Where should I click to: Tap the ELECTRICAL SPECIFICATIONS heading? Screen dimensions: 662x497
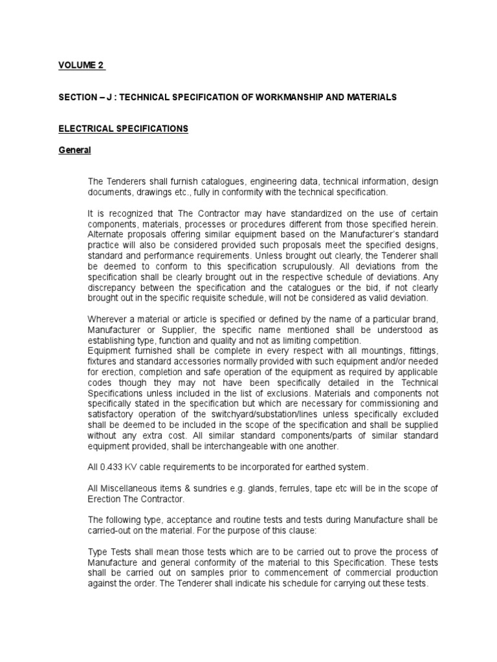point(124,129)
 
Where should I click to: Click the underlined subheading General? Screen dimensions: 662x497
point(75,150)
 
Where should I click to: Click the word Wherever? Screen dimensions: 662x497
point(107,319)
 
